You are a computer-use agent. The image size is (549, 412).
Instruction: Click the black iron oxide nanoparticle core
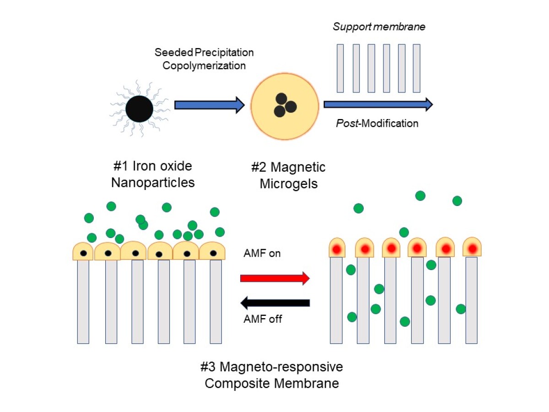[139, 108]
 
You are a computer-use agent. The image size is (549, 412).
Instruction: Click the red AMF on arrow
[275, 278]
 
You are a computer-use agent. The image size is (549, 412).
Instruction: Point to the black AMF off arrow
[275, 302]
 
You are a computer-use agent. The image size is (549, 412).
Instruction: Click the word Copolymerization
[204, 65]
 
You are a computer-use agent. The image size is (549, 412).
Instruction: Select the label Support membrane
[379, 27]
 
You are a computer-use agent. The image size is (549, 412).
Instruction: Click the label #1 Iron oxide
[152, 166]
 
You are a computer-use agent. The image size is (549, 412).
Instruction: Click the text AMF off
[263, 319]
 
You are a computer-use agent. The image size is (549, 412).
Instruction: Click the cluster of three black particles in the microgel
[285, 106]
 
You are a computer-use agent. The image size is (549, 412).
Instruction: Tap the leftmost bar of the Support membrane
[340, 68]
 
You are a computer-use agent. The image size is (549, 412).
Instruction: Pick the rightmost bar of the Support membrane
[416, 68]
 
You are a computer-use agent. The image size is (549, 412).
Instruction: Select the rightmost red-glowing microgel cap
[472, 247]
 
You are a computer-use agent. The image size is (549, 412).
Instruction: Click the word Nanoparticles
[153, 183]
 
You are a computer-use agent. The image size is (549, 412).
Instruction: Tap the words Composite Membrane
[272, 383]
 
